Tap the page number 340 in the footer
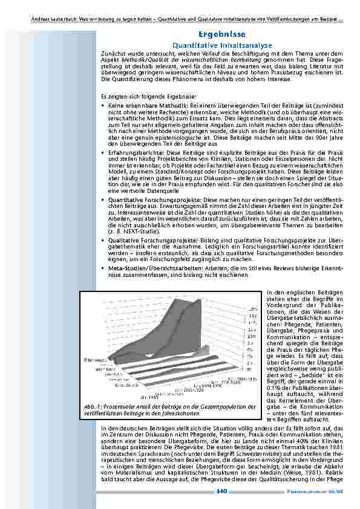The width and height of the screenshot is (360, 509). click(x=221, y=491)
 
